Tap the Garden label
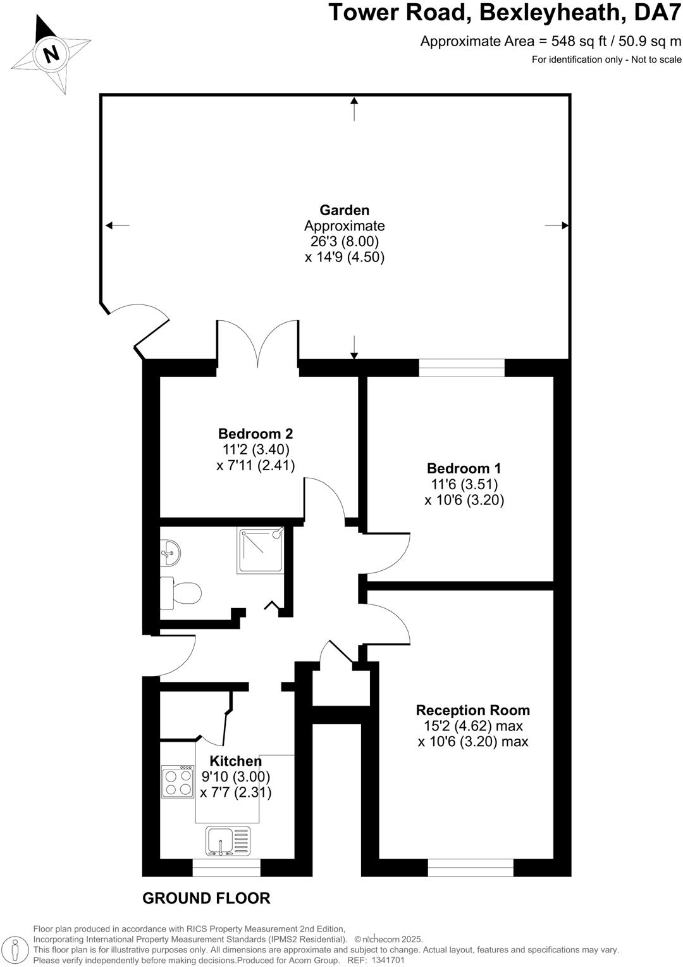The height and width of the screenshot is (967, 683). coord(344,210)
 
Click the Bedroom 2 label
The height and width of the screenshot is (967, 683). coord(255,434)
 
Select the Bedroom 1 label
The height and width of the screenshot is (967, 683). coord(464,468)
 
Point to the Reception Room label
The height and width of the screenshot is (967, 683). coord(472,710)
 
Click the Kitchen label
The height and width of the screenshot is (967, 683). coord(235,761)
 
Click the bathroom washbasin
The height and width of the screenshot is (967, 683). coord(170,553)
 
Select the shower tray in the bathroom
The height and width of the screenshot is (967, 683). coord(261,551)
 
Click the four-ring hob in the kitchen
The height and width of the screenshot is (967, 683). coord(178,782)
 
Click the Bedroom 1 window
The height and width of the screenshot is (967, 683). coord(462,368)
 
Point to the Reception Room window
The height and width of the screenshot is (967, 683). coord(471,868)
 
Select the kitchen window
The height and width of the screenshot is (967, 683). coord(226,868)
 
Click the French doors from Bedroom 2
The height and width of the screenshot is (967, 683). coord(258,345)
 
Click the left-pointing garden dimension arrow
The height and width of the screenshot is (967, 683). coord(118,225)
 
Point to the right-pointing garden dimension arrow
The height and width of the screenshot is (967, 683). coord(556,225)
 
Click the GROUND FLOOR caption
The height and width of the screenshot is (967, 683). coord(206,898)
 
